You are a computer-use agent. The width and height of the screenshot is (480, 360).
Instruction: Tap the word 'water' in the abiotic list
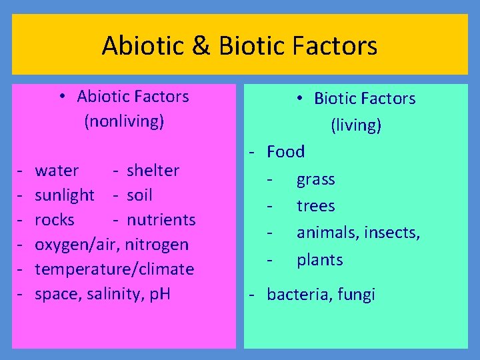click(57, 171)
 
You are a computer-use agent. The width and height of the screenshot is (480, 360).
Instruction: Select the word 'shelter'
click(153, 171)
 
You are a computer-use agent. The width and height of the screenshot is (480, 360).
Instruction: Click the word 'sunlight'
click(65, 195)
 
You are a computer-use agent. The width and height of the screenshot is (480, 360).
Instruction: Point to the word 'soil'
click(139, 195)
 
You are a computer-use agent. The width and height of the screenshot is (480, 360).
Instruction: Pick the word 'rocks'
click(55, 220)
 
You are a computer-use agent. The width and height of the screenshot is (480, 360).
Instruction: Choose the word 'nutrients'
click(161, 220)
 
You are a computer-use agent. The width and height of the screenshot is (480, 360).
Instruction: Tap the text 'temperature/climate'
click(114, 269)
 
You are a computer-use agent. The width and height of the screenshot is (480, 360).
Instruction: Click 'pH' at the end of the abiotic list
click(161, 294)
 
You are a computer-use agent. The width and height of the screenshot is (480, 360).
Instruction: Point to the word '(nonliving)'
click(123, 122)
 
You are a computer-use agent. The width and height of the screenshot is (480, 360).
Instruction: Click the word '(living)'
click(356, 125)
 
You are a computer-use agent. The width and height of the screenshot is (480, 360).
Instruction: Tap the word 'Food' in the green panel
click(285, 152)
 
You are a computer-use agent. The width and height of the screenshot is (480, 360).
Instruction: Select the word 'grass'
click(315, 179)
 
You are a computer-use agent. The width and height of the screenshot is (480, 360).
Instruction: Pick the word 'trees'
click(315, 206)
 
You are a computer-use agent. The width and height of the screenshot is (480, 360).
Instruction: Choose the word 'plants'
click(319, 260)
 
